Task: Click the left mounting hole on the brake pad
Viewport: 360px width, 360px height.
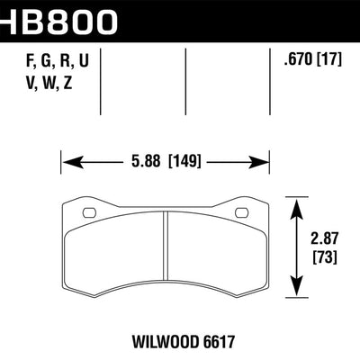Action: pyautogui.click(x=89, y=212)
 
